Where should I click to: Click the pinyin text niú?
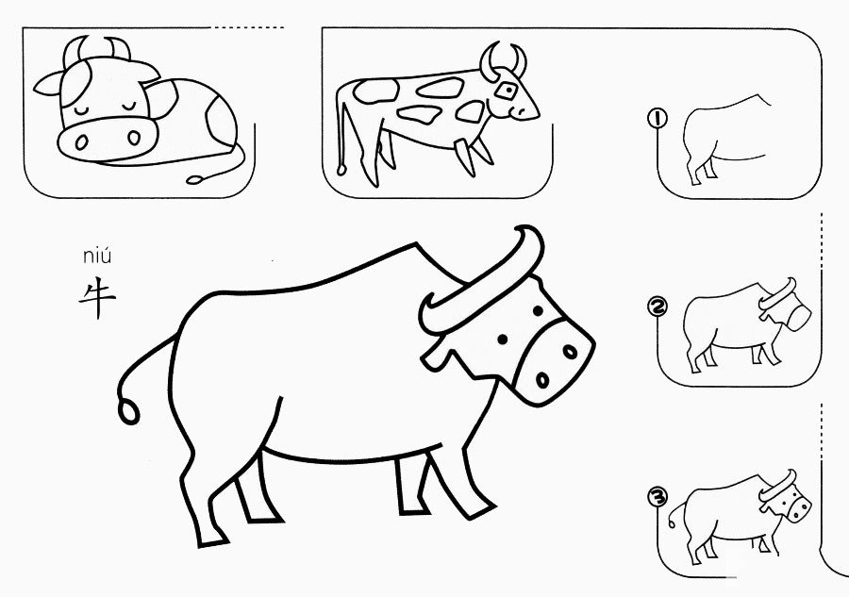pyautogui.click(x=97, y=255)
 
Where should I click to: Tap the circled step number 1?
pyautogui.click(x=658, y=118)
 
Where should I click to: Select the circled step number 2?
pyautogui.click(x=658, y=307)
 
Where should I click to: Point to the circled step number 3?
pyautogui.click(x=658, y=496)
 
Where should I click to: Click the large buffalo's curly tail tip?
pyautogui.click(x=129, y=412)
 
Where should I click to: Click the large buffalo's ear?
pyautogui.click(x=436, y=357)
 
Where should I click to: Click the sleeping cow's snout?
pyautogui.click(x=108, y=139)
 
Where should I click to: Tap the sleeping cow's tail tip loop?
pyautogui.click(x=195, y=179)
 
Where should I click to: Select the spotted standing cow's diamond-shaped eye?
pyautogui.click(x=507, y=91)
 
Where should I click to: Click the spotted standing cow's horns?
pyautogui.click(x=502, y=60)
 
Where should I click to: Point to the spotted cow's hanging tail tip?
pyautogui.click(x=341, y=169)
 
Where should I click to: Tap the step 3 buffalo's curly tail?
pyautogui.click(x=675, y=514)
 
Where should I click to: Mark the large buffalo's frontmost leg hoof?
pyautogui.click(x=478, y=511)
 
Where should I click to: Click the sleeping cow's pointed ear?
pyautogui.click(x=47, y=84)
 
